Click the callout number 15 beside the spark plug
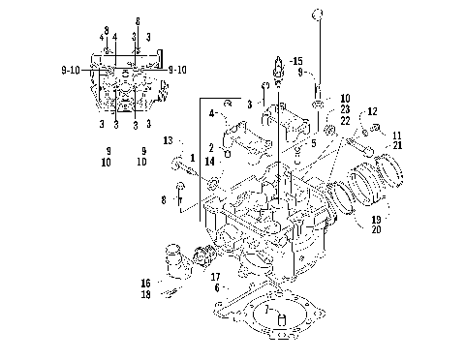point(296,60)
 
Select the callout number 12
point(371,113)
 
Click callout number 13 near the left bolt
point(167,141)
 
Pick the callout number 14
point(209,161)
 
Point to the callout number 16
point(146,284)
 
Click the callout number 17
point(215,277)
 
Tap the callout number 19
point(376,221)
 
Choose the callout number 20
point(376,231)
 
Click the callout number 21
point(397,144)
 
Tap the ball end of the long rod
point(316,15)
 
